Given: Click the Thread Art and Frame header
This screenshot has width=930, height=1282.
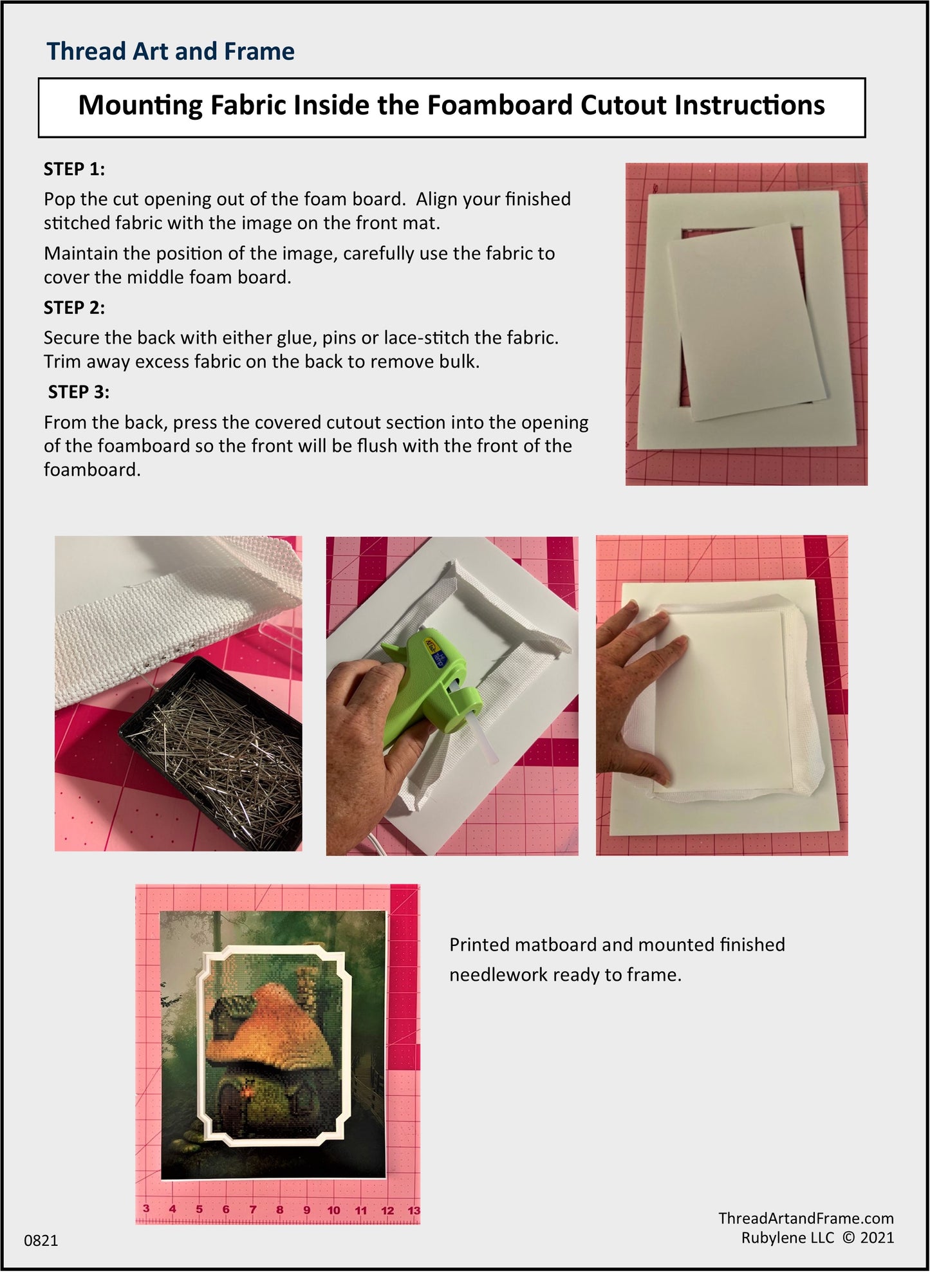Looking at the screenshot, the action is tap(171, 51).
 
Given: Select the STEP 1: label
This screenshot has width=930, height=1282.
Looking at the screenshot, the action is tap(74, 169).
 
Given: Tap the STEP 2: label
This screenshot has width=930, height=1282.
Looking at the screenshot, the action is tap(74, 308).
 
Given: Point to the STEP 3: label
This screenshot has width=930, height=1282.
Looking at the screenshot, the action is tap(79, 392).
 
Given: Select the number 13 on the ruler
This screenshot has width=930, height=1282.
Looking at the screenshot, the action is tap(414, 1211).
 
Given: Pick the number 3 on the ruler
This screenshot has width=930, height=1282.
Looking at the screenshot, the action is tap(146, 1209).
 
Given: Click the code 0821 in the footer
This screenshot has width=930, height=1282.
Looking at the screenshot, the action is tap(41, 1241).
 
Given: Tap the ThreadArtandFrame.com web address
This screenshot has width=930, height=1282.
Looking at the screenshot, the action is tap(806, 1218).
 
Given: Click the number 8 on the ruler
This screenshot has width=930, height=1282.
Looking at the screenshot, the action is tap(279, 1210).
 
